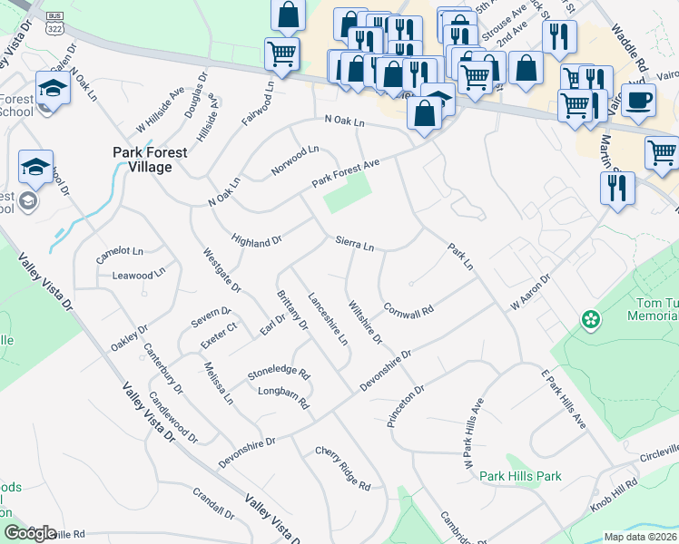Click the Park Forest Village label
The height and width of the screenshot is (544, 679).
tap(150, 160)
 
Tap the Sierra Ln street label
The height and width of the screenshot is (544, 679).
tap(354, 245)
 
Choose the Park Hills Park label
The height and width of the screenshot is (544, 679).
tap(520, 476)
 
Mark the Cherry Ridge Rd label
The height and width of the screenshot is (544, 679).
tap(342, 468)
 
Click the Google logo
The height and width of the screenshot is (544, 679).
tap(30, 533)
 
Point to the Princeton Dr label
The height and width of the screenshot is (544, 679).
tap(406, 406)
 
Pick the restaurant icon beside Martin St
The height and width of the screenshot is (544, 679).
tap(617, 188)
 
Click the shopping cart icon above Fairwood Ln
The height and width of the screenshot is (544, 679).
tap(282, 53)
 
